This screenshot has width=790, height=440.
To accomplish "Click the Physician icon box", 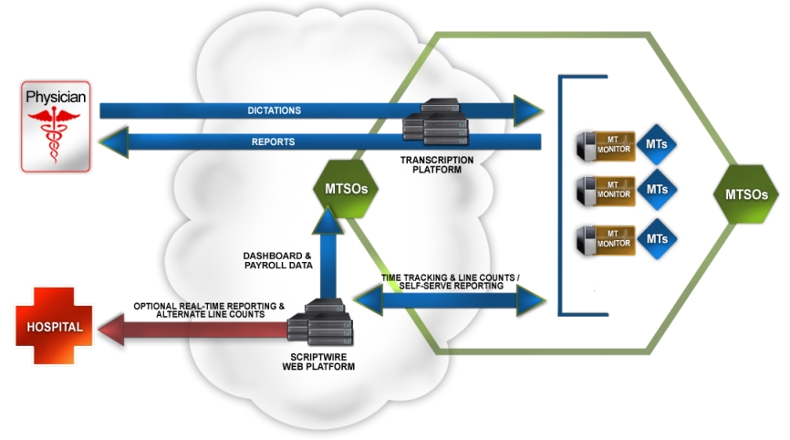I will click(x=56, y=126).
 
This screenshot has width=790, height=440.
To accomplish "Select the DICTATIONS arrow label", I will click(x=274, y=110).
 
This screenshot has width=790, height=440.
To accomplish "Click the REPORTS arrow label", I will click(x=274, y=142).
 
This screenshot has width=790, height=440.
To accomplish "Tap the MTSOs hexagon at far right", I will click(x=752, y=194).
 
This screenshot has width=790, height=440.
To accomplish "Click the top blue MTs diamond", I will click(x=656, y=144).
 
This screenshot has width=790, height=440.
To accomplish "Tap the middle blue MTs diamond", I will click(x=656, y=190).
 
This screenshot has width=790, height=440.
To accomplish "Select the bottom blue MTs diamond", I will click(x=656, y=238).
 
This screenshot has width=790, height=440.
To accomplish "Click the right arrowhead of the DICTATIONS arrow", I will click(x=528, y=110).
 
